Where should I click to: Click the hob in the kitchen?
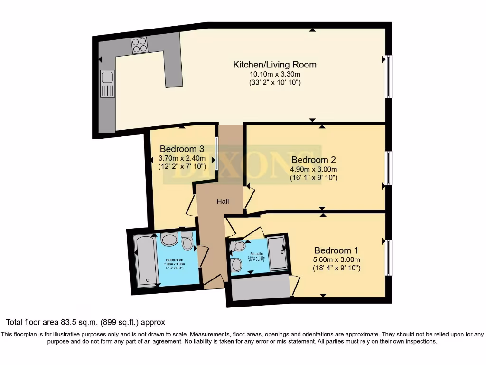pos(140,45)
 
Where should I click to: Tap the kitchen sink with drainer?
pos(107,84)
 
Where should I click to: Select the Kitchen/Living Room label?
pos(275,65)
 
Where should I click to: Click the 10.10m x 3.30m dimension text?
pos(275,74)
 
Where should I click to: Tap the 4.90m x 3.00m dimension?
pos(313,169)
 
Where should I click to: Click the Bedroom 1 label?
pos(336,250)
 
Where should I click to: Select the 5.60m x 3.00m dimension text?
pos(336,259)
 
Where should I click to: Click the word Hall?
pos(223,202)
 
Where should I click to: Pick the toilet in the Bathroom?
pos(187,241)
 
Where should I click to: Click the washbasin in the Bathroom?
pos(169,239)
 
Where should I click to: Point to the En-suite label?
pos(257,254)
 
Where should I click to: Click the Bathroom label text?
pos(174,260)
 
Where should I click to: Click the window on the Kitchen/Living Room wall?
pos(388,77)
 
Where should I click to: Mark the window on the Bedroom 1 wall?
pos(388,258)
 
